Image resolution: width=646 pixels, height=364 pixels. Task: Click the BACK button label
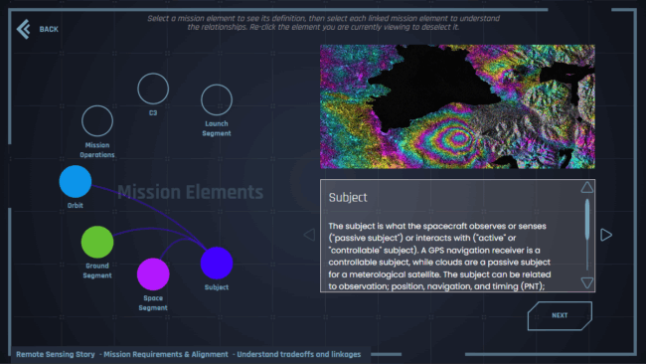point(49,29)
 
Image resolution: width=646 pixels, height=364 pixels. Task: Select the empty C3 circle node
point(153,89)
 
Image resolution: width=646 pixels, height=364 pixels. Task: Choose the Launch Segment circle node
point(217,99)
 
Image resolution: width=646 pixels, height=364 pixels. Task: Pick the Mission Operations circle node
point(96,121)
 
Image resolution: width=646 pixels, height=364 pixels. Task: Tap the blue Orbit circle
point(76,182)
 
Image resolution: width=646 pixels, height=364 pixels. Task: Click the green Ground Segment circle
point(97,242)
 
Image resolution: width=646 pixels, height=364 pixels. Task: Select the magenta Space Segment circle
point(153,273)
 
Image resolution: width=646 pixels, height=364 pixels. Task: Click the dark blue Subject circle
point(217,263)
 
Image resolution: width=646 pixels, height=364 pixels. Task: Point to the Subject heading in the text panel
point(348,198)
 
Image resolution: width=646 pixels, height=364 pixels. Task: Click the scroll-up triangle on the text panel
point(587,187)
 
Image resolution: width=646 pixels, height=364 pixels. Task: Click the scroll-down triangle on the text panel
point(587,282)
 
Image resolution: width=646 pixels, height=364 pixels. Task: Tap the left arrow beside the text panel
point(309,236)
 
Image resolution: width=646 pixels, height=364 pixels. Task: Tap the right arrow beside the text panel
point(606,236)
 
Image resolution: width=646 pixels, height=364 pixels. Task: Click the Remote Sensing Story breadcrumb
point(56,354)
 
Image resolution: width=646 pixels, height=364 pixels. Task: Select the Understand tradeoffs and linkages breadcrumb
point(297,354)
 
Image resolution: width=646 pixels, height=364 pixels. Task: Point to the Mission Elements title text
point(190,192)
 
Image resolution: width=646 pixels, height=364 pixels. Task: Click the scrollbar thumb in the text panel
point(587,219)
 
